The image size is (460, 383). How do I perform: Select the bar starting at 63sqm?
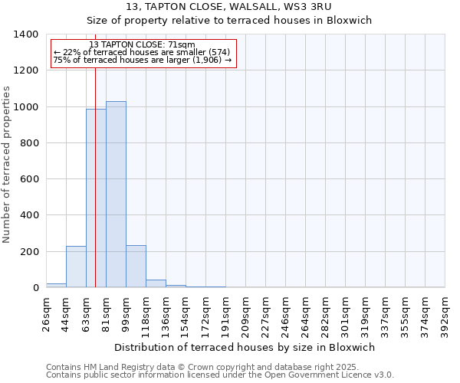96,198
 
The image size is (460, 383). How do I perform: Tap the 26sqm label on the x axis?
46,309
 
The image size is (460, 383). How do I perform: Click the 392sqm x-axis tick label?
445,311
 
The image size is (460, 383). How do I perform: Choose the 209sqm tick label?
245,311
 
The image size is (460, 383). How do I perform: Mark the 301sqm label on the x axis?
345,311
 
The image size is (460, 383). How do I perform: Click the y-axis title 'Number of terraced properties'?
7,165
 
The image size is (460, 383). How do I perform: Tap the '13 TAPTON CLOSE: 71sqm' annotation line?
143,44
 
